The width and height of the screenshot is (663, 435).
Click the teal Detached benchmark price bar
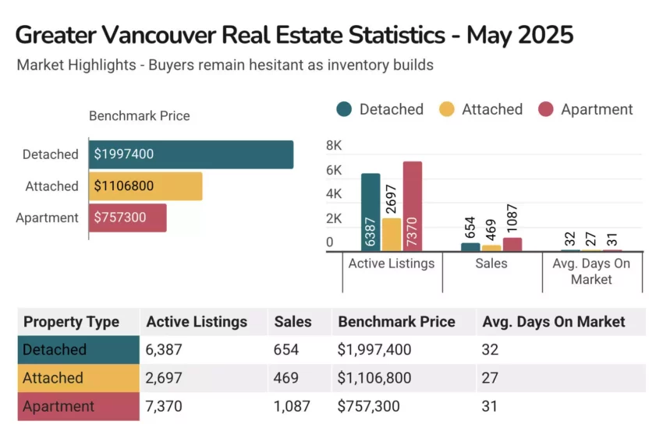pyautogui.click(x=191, y=154)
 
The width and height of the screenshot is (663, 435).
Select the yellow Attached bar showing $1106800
pyautogui.click(x=146, y=186)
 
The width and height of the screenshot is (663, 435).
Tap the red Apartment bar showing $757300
pyautogui.click(x=128, y=217)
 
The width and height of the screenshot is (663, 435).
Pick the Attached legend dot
pyautogui.click(x=447, y=110)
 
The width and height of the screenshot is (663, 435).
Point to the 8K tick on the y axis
pyautogui.click(x=334, y=146)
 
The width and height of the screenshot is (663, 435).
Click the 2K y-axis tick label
pyautogui.click(x=334, y=218)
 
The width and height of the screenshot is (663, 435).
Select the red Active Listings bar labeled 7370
pyautogui.click(x=413, y=207)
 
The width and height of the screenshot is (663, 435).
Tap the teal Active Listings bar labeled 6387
pyautogui.click(x=370, y=212)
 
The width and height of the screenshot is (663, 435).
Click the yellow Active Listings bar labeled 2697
pyautogui.click(x=392, y=234)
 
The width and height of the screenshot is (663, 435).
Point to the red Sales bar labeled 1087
pyautogui.click(x=512, y=244)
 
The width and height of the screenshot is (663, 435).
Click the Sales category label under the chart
pyautogui.click(x=491, y=263)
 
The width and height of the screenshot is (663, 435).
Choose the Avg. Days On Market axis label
pyautogui.click(x=591, y=271)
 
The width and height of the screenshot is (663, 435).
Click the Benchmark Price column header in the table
pyautogui.click(x=396, y=321)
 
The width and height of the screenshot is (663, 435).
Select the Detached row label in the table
pyautogui.click(x=55, y=349)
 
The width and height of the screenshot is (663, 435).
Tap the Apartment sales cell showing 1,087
pyautogui.click(x=292, y=406)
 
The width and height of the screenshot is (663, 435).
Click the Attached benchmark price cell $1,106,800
pyautogui.click(x=379, y=378)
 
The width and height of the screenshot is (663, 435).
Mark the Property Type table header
pyautogui.click(x=72, y=321)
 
